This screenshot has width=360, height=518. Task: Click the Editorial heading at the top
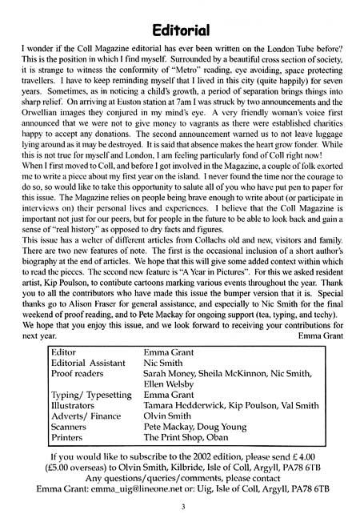point(179,30)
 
